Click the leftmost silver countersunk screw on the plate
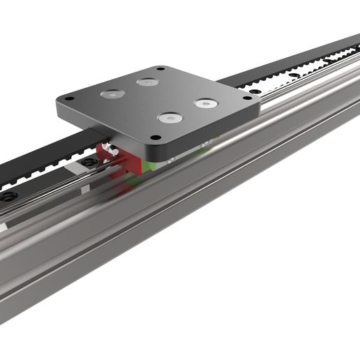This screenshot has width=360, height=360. pyautogui.click(x=112, y=93)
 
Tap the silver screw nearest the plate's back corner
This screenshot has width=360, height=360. pyautogui.click(x=147, y=82)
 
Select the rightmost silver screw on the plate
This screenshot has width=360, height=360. pyautogui.click(x=206, y=104)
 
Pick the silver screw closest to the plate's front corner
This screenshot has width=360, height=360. pyautogui.click(x=168, y=119)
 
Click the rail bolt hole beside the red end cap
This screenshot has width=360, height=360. pyautogui.click(x=88, y=163)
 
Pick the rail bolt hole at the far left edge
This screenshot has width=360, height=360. pyautogui.click(x=8, y=197)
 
